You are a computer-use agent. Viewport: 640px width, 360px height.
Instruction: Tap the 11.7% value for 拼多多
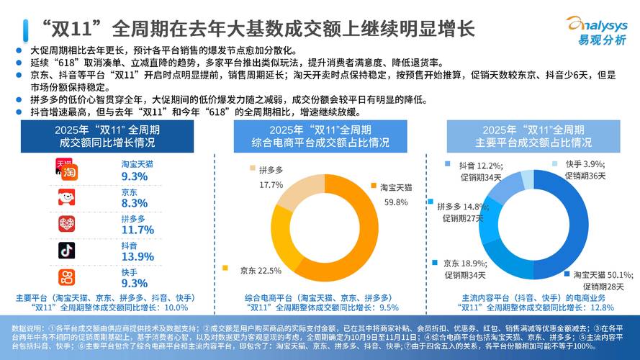pyautogui.click(x=138, y=230)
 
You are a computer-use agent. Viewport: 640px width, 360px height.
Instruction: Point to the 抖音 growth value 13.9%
pyautogui.click(x=138, y=256)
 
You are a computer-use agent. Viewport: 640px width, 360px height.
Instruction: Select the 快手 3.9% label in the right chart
pyautogui.click(x=583, y=165)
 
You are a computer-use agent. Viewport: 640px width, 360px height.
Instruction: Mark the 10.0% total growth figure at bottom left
pyautogui.click(x=182, y=307)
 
